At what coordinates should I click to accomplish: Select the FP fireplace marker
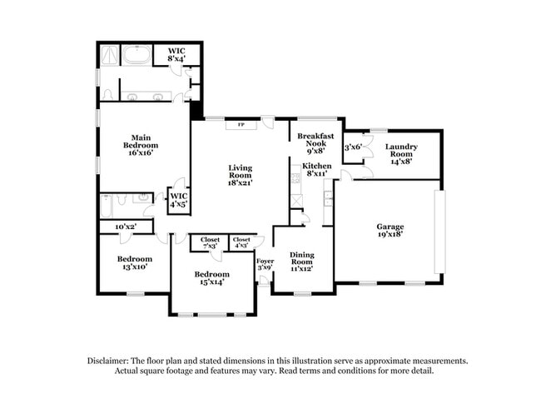[x=241, y=124]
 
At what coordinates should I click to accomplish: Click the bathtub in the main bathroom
[x=136, y=55]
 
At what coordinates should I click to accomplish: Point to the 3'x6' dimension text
[x=353, y=147]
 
